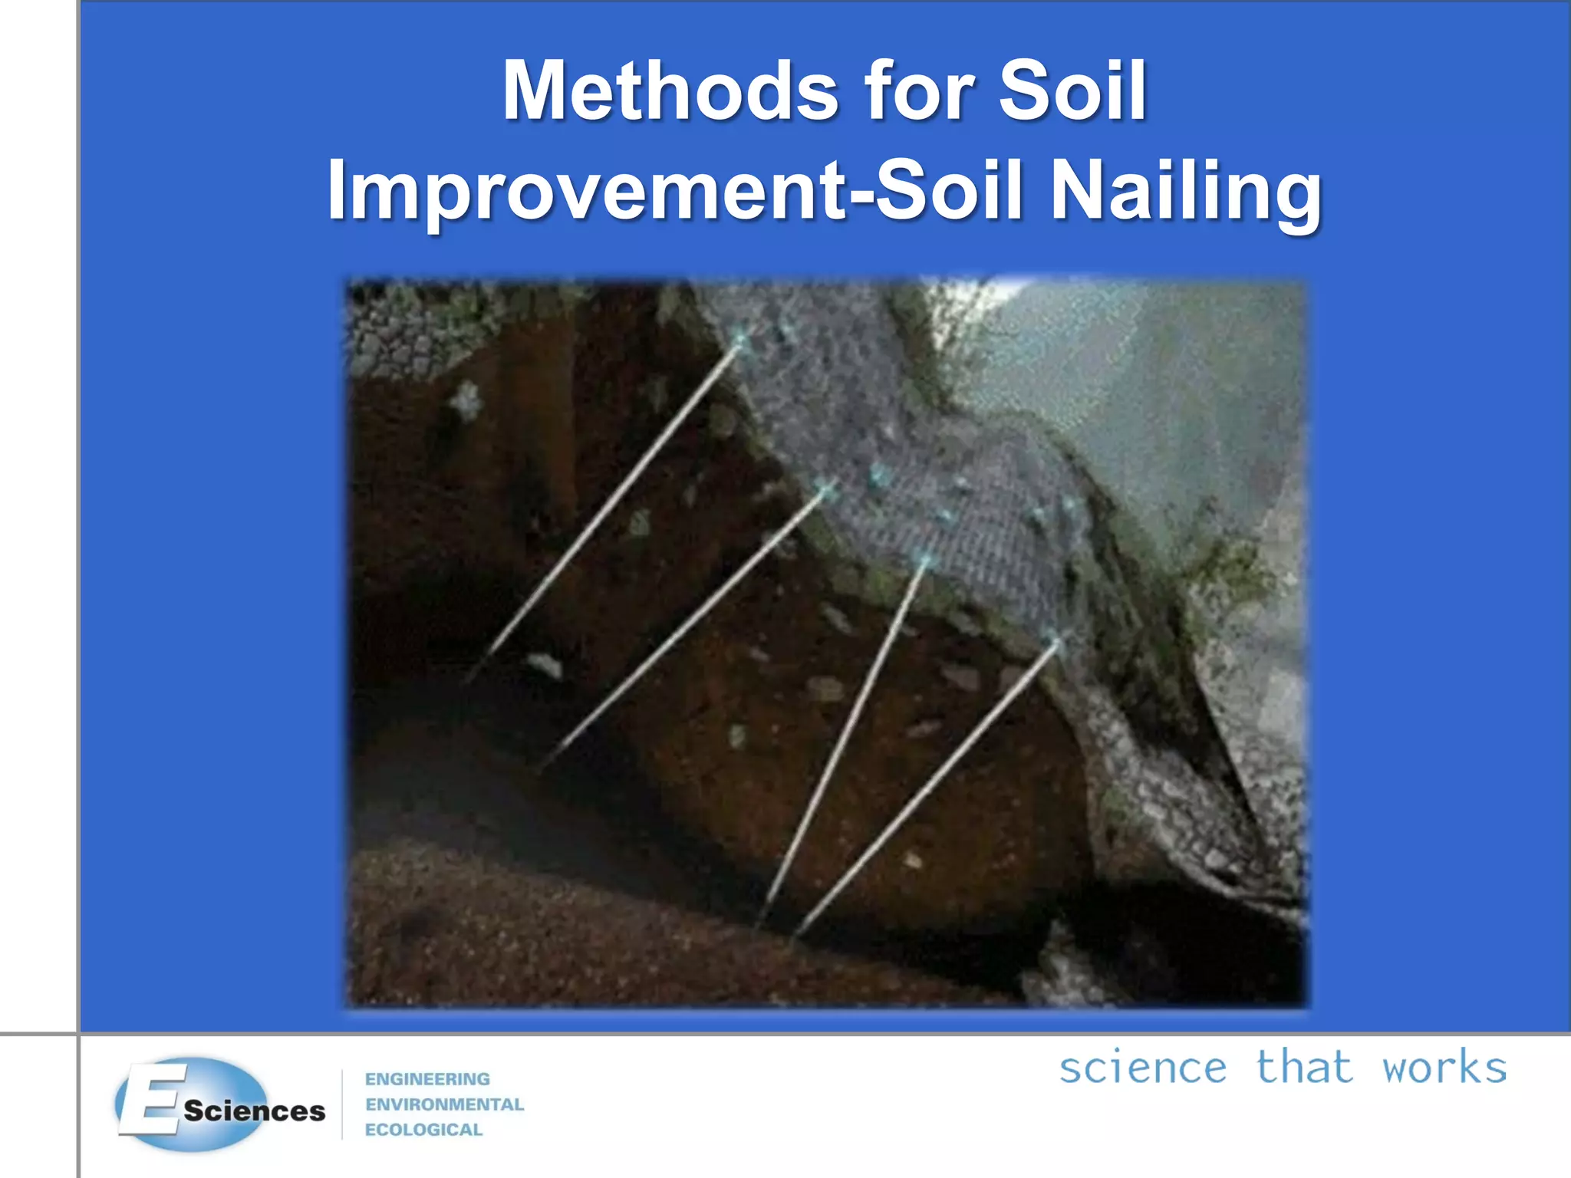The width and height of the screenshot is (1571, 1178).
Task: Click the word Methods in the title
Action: coord(670,91)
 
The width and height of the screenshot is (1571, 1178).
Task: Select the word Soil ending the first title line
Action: coord(1072,91)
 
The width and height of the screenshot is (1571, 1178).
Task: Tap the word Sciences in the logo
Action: coord(254,1111)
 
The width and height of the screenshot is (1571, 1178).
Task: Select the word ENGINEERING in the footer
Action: coord(427,1079)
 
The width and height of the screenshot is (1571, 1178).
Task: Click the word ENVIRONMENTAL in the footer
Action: coord(444,1104)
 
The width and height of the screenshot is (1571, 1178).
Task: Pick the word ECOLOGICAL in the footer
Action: coord(423,1130)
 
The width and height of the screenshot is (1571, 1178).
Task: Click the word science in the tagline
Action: coord(1142,1068)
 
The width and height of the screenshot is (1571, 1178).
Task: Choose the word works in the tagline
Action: coord(1444,1068)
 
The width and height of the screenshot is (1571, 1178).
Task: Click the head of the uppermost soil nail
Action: coord(740,339)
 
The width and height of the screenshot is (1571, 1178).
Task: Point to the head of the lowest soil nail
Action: coord(1057,641)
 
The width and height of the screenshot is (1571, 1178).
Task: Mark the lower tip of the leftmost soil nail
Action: coord(469,679)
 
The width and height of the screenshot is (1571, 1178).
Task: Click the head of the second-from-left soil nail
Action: coord(826,488)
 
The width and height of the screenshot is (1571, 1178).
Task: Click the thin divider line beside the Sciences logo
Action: coord(342,1104)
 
